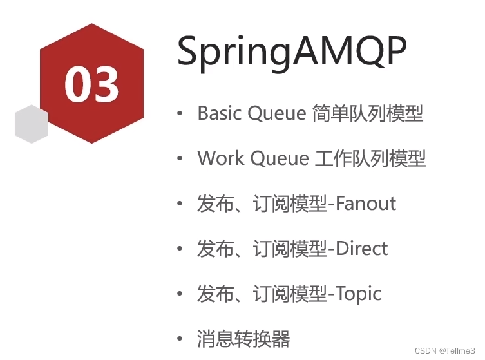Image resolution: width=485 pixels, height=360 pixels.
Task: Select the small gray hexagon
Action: pyautogui.click(x=32, y=124)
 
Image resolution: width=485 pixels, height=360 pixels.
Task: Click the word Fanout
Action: pyautogui.click(x=366, y=204)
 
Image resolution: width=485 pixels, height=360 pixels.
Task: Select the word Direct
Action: pyautogui.click(x=362, y=249)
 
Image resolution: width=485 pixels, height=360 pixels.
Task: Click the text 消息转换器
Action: pyautogui.click(x=243, y=339)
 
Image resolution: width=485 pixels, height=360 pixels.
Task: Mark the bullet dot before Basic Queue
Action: pyautogui.click(x=180, y=114)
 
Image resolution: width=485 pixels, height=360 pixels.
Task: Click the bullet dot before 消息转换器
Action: pyautogui.click(x=180, y=339)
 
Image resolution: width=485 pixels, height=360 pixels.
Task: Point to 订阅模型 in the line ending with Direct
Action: pyautogui.click(x=290, y=249)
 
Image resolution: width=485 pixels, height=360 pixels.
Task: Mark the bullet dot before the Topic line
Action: pyautogui.click(x=180, y=294)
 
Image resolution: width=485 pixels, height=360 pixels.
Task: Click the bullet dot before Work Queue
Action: pyautogui.click(x=180, y=159)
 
